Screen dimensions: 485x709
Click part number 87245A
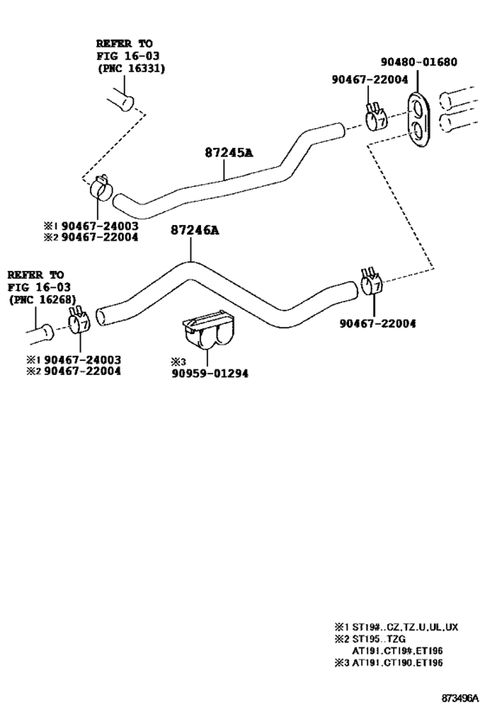229,152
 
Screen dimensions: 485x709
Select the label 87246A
195,230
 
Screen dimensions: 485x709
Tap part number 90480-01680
418,61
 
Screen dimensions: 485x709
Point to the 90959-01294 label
210,373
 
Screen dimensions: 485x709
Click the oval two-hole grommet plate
419,119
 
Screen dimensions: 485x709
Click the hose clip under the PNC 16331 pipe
100,187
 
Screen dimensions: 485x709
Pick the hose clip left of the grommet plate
376,117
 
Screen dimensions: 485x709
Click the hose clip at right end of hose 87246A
372,282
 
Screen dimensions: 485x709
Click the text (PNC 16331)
131,68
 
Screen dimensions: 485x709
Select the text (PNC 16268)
42,300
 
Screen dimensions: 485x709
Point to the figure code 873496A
460,698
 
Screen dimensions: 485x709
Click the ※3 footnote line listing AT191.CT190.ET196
389,663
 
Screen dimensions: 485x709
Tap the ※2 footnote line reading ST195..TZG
370,639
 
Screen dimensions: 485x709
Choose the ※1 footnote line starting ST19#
397,627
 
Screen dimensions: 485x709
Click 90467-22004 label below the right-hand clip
378,323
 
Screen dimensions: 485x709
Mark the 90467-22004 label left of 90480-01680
370,79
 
